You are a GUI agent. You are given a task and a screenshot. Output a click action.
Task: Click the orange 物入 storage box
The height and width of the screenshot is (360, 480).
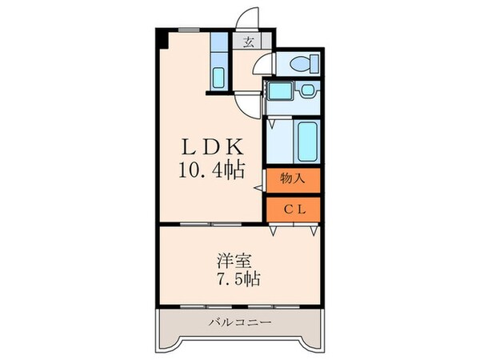click(x=294, y=181)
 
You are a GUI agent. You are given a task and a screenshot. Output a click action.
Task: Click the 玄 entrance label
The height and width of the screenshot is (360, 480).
click(x=249, y=43)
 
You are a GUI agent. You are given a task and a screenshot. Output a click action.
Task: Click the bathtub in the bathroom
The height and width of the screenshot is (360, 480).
click(x=306, y=141)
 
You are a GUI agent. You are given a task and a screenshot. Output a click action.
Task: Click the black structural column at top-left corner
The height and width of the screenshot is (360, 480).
click(x=161, y=38)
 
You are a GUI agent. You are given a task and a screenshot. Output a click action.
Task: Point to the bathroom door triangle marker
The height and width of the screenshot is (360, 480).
click(x=274, y=124)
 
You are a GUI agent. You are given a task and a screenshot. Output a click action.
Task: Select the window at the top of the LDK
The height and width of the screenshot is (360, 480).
click(x=188, y=30)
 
